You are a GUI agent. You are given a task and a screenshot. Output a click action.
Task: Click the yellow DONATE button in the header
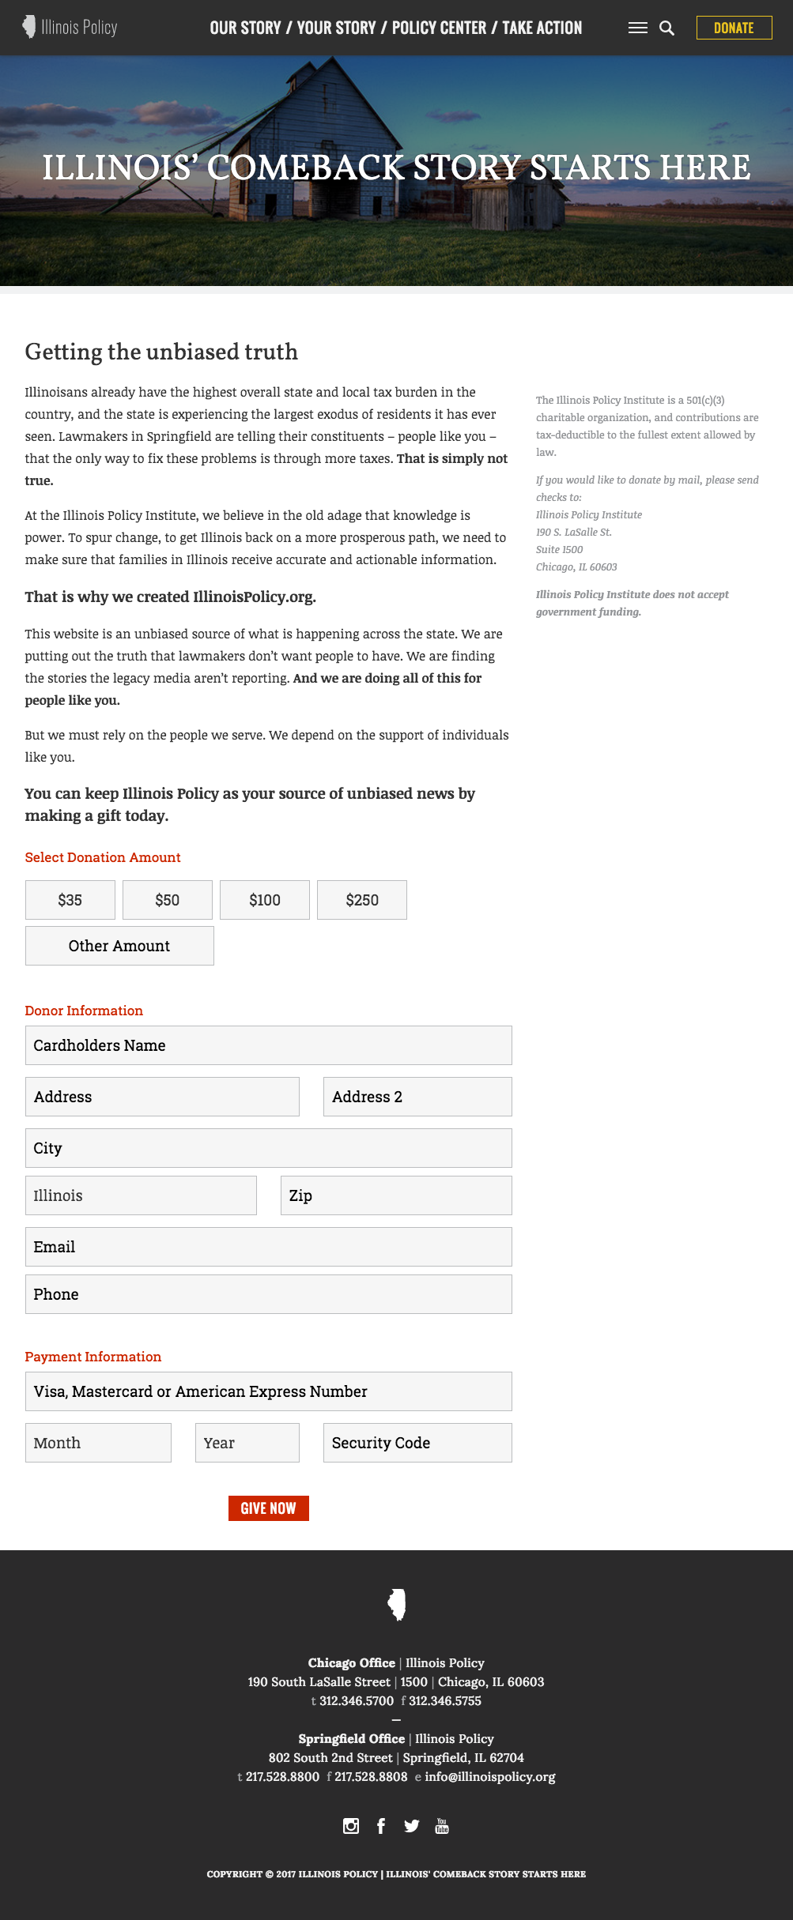(734, 28)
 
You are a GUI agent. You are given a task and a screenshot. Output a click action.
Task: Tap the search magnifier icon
(666, 28)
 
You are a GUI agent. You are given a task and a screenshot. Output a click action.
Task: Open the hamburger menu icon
(637, 28)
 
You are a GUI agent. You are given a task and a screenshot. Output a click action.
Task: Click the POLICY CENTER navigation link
(439, 28)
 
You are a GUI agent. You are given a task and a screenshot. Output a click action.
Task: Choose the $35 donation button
(70, 900)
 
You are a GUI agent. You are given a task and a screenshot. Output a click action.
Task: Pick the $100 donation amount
(265, 900)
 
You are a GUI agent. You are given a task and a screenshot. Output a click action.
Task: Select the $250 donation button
(362, 900)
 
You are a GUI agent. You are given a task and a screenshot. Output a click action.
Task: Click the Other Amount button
(119, 946)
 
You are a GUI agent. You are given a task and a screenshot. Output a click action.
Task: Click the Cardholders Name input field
(269, 1045)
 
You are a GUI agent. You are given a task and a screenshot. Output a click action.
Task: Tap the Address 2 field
(417, 1097)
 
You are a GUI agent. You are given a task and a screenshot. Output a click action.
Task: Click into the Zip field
(396, 1195)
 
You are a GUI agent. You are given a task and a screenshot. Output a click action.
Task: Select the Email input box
(269, 1247)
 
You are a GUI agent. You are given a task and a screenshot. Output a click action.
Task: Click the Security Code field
(417, 1443)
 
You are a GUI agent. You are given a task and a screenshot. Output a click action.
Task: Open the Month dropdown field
(98, 1443)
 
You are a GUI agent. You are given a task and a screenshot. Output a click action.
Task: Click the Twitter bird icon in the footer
(411, 1826)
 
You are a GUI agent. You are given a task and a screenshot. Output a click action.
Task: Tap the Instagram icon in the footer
(351, 1826)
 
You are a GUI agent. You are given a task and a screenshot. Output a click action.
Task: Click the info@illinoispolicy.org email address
(490, 1777)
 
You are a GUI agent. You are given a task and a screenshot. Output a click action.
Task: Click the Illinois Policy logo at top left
(70, 28)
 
